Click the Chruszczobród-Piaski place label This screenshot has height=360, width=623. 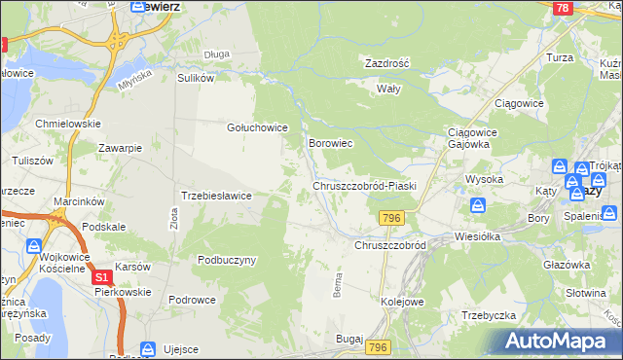364,185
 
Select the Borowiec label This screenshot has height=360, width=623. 330,143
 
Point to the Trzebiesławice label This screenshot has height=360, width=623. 217,196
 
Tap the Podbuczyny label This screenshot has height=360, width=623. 227,260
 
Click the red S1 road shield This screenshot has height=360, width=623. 101,278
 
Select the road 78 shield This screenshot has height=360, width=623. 561,7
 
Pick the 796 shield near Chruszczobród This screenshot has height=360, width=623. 392,218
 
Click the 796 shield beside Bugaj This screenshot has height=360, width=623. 379,347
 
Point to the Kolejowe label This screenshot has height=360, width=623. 402,302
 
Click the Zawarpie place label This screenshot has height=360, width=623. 121,148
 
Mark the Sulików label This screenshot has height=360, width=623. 195,78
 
